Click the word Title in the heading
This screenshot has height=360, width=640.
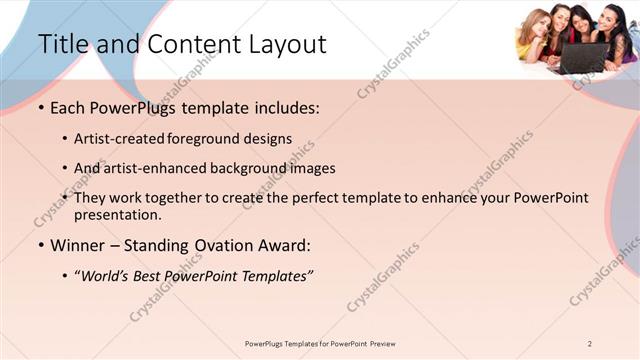[x=61, y=44]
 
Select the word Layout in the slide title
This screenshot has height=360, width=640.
[x=281, y=44]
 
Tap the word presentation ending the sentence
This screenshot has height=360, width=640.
[x=117, y=214]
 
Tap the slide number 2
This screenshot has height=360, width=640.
[x=590, y=343]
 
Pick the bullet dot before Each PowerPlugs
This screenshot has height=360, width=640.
[x=41, y=108]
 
